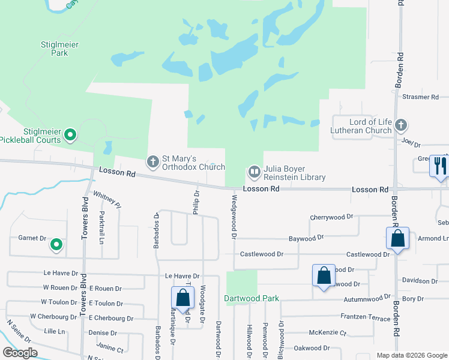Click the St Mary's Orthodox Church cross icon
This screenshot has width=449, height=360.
[153, 161]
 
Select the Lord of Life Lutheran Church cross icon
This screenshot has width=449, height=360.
[401, 125]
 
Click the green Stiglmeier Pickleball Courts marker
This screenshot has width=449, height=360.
[70, 135]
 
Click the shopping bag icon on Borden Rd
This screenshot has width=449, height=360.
[397, 238]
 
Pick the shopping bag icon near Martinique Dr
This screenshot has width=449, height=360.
[182, 298]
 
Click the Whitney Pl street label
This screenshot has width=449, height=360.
[107, 200]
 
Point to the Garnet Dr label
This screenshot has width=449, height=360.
[32, 238]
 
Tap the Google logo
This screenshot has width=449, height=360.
[20, 352]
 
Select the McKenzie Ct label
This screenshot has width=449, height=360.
[328, 332]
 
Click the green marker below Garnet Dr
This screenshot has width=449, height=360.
[56, 245]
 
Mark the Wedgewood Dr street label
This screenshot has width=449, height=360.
[233, 215]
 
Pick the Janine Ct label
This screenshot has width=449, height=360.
[110, 349]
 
